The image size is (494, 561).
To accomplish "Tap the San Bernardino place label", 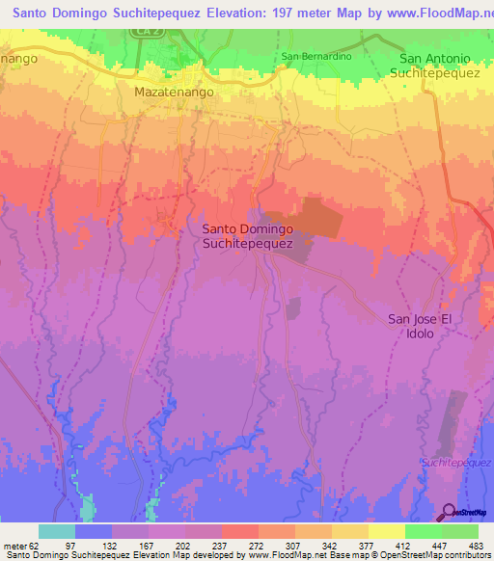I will click(x=317, y=57).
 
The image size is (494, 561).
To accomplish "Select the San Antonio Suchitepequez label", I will click(x=440, y=66).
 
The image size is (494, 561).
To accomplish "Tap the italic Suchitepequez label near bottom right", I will click(x=455, y=464).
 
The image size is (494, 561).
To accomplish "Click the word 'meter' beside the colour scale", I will click(x=15, y=545).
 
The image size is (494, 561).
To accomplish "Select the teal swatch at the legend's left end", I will click(x=57, y=531).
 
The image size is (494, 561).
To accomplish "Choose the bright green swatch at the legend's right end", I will click(x=460, y=531).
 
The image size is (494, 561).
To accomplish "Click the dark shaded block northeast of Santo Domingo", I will click(x=314, y=219).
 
